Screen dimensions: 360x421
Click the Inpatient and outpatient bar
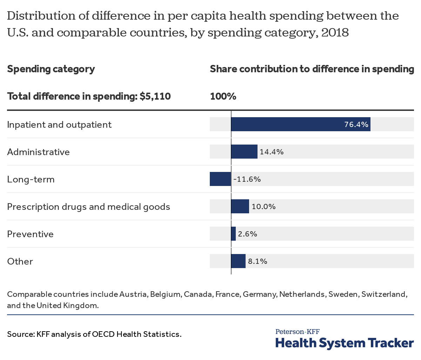point(300,124)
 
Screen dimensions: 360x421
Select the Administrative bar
point(244,152)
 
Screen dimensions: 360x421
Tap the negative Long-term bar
point(220,179)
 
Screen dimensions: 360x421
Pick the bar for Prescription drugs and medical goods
point(240,206)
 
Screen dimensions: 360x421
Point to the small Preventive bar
point(233,234)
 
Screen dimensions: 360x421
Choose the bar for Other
point(238,261)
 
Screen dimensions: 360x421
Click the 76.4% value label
point(356,125)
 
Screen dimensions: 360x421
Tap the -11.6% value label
point(247,179)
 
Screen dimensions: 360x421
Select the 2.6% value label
point(247,234)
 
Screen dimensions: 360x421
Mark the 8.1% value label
point(258,261)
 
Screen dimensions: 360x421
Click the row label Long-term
point(31,179)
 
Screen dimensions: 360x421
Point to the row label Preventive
point(30,234)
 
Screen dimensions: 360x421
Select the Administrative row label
point(38,152)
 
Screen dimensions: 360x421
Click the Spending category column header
point(51,69)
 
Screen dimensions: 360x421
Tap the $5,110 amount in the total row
point(155,96)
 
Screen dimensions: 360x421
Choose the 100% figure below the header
point(223,96)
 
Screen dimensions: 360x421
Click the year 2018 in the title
point(335,33)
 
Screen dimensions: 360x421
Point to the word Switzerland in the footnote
point(384,294)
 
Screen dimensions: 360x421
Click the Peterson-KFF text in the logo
point(298,332)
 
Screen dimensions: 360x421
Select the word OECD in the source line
point(103,334)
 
